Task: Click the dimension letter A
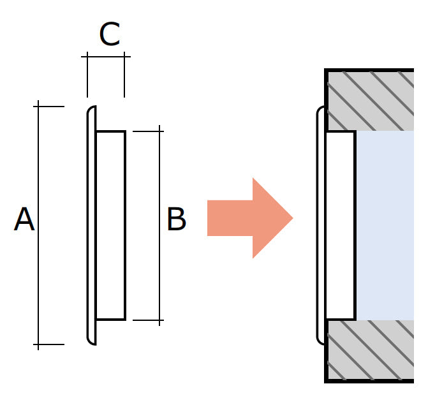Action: click(x=24, y=220)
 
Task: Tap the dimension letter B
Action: click(x=176, y=220)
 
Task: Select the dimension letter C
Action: click(x=109, y=35)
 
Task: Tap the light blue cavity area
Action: click(x=385, y=225)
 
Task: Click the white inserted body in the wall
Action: click(x=340, y=225)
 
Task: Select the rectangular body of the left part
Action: click(x=110, y=225)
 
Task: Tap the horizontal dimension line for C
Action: click(x=106, y=57)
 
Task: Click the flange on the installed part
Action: click(x=320, y=225)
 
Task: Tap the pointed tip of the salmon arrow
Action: click(x=291, y=218)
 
